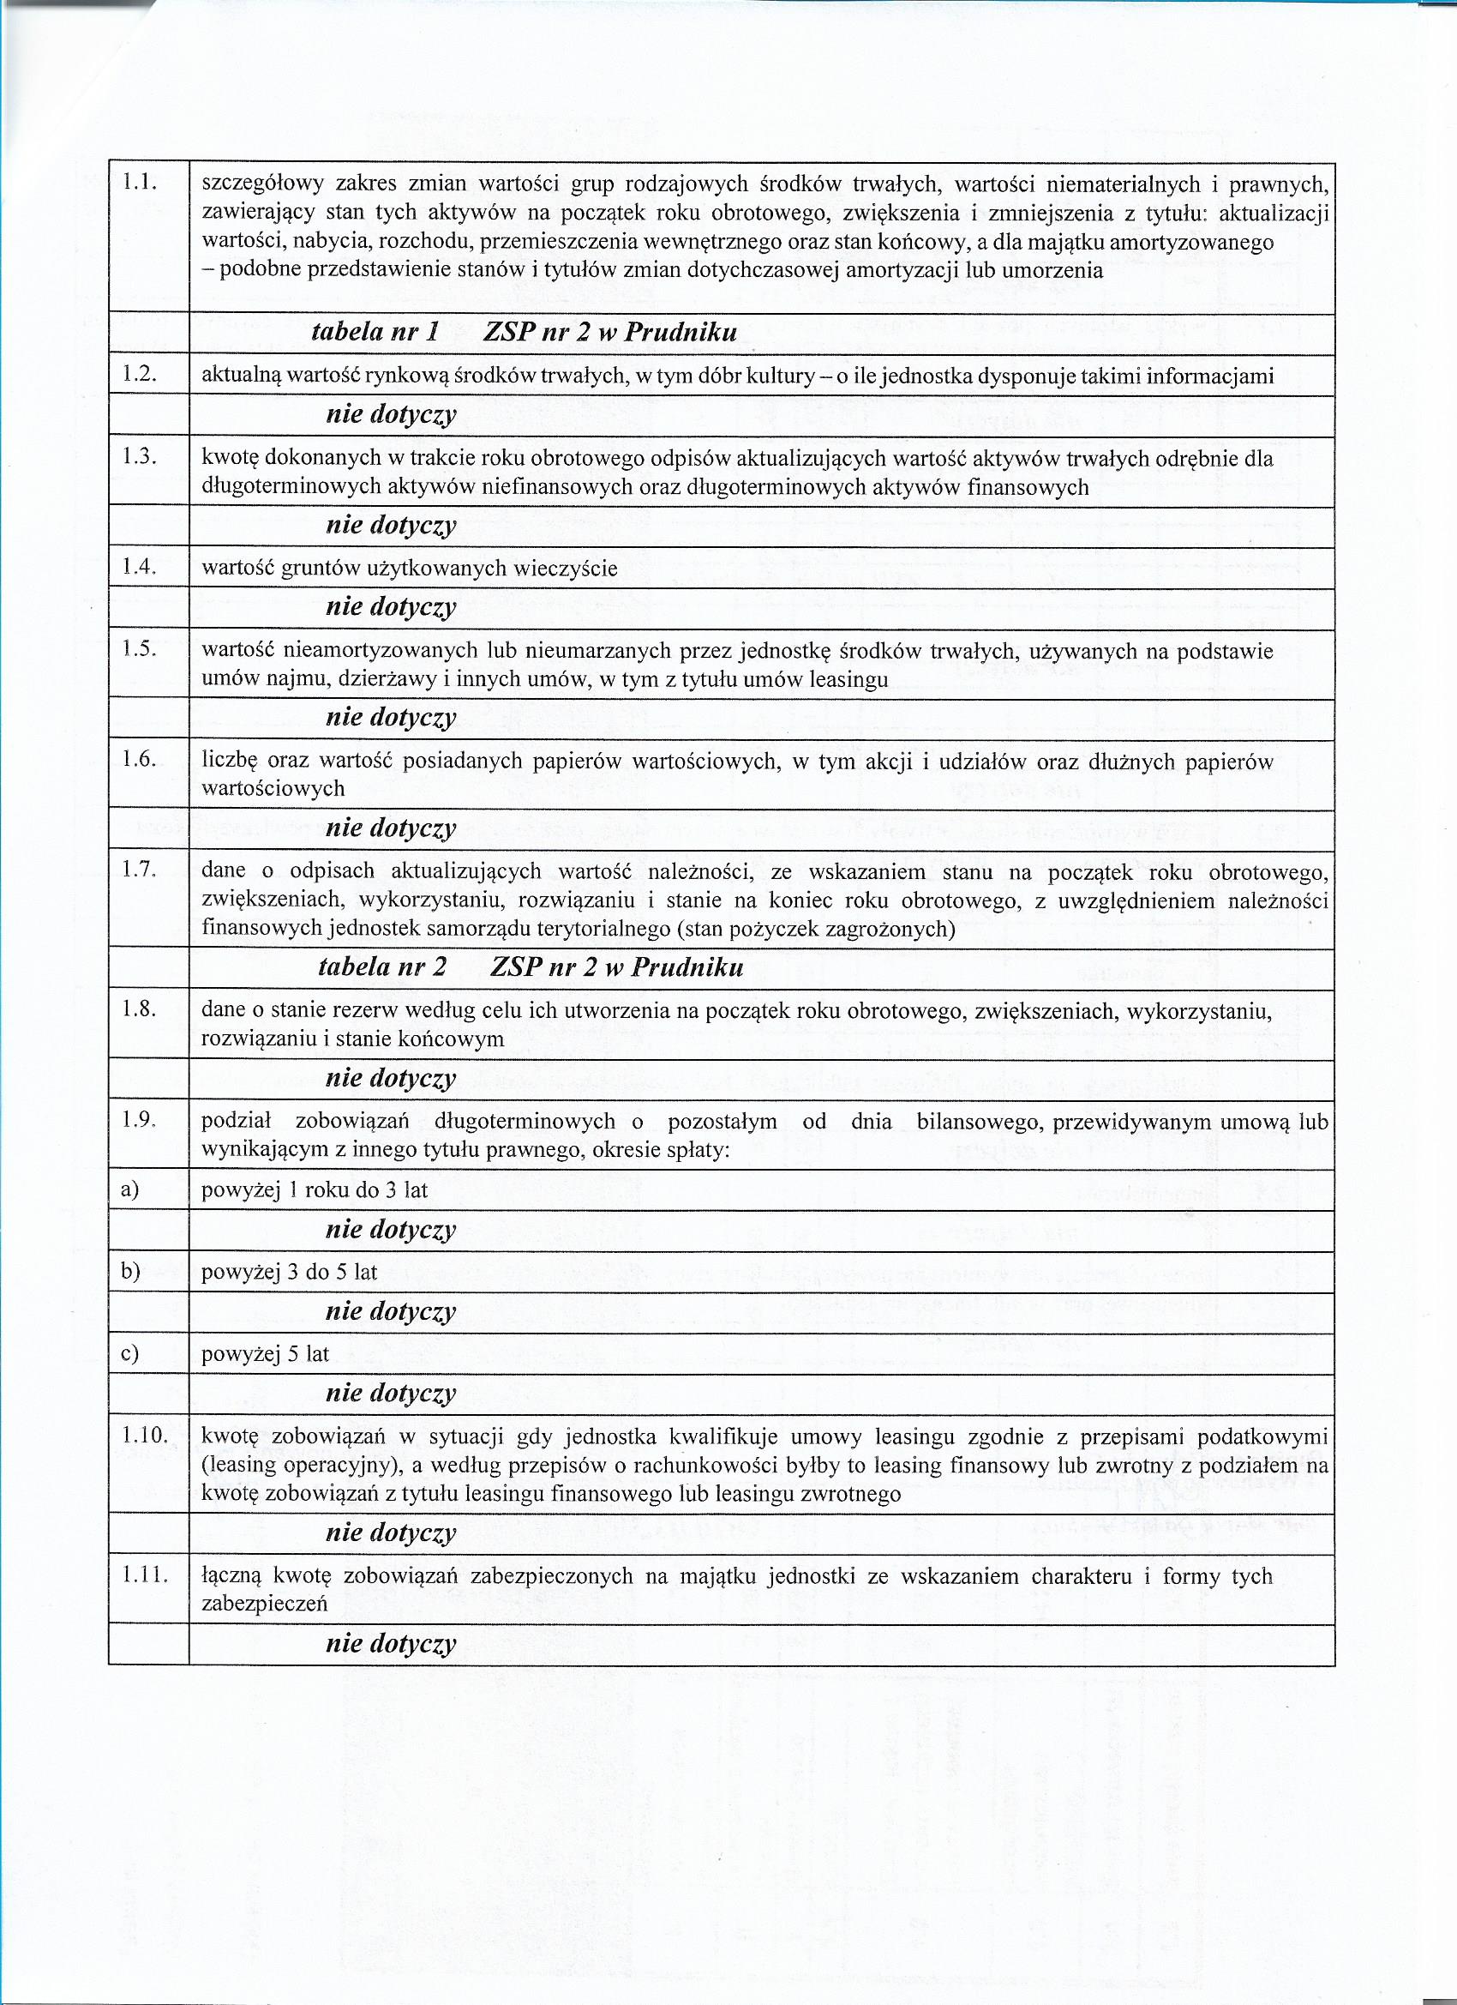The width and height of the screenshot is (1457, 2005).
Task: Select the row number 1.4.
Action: click(140, 567)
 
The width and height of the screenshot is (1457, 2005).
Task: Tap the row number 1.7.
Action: click(140, 870)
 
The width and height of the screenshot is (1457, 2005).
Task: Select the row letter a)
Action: click(131, 1190)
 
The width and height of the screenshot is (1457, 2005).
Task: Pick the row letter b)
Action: click(131, 1272)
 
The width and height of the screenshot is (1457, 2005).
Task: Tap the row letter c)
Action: click(130, 1353)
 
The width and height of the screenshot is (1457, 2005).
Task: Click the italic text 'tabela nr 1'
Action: click(375, 333)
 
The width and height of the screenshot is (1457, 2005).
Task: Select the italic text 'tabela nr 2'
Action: click(381, 967)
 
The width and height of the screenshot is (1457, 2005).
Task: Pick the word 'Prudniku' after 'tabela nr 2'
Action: click(688, 967)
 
